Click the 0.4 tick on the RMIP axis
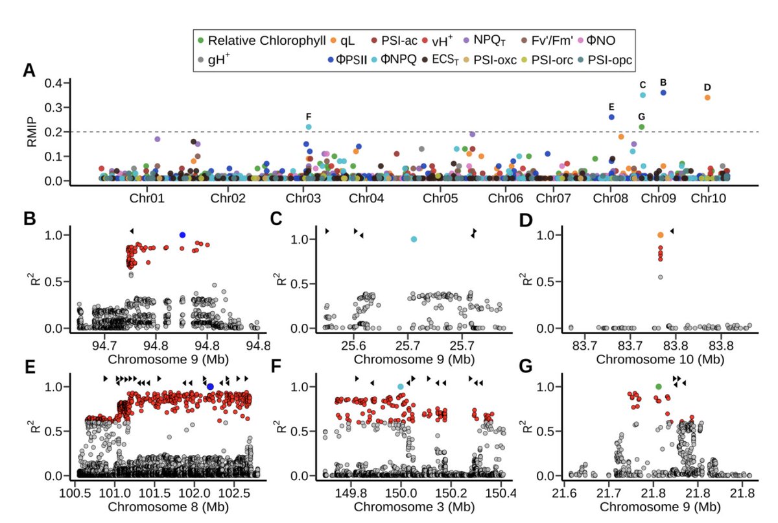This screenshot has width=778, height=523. (x=53, y=83)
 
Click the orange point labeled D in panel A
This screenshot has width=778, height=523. (x=707, y=97)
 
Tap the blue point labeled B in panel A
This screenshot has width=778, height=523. (x=663, y=93)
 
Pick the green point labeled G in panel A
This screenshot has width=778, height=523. (x=642, y=127)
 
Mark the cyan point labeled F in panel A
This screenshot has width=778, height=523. (x=309, y=127)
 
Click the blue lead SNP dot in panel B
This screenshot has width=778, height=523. (x=182, y=235)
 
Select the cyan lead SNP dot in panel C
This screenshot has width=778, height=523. (x=414, y=239)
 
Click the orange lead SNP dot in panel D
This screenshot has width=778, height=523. (x=661, y=235)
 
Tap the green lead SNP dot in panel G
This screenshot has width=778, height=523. (x=659, y=387)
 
